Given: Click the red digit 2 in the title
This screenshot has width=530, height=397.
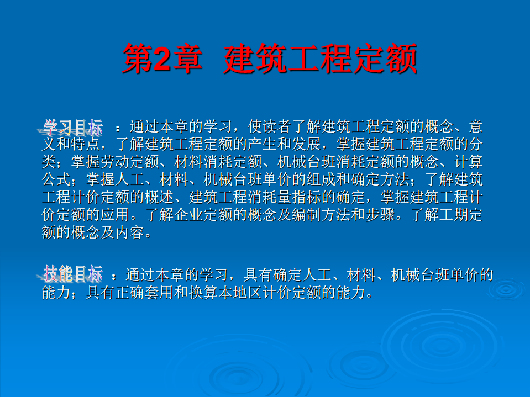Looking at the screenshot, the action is pos(162,59).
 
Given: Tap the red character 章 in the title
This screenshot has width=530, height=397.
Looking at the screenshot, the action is pos(187,59).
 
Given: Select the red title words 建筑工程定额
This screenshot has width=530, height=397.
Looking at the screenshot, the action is pos(321,59).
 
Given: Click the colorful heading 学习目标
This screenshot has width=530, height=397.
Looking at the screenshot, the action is pos(73,127).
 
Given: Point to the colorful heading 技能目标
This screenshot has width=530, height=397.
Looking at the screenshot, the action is pos(73,274).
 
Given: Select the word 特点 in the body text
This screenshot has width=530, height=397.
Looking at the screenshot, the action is pos(86,144).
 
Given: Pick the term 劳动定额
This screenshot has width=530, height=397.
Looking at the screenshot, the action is pos(130,162).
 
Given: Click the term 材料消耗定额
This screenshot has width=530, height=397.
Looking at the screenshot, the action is pos(218,162).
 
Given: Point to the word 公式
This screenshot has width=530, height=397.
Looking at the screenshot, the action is pos(56,179).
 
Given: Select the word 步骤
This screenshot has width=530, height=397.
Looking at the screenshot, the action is pos(380,215).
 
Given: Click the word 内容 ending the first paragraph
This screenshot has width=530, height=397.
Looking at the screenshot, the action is pos(130,232).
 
